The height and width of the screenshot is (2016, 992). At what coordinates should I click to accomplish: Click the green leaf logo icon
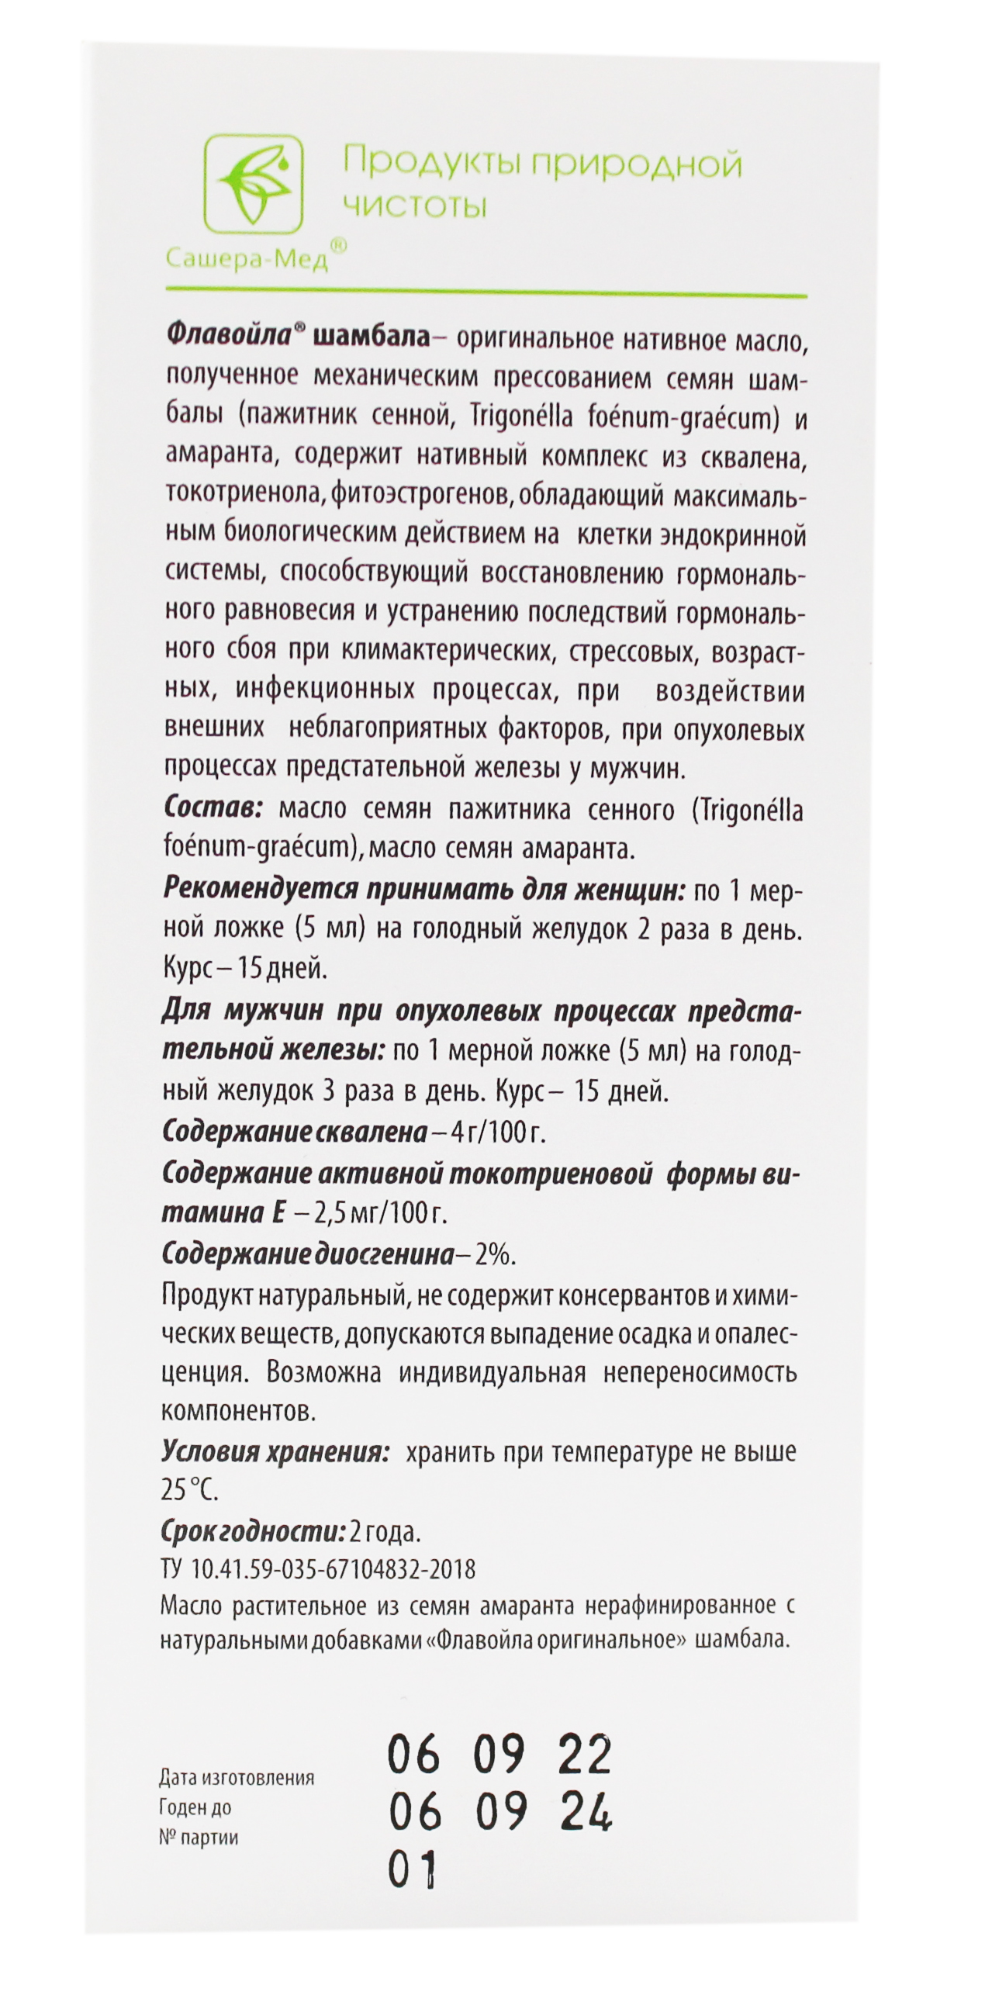tap(254, 185)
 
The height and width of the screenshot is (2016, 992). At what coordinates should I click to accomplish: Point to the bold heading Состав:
tap(212, 807)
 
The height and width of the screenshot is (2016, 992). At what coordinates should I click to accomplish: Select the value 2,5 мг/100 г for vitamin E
tap(378, 1213)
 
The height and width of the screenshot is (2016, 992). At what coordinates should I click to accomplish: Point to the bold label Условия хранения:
tap(275, 1452)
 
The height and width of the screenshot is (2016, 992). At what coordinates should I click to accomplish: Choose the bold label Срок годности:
tap(253, 1530)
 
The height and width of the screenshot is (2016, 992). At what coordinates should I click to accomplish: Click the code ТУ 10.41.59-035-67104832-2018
tap(318, 1569)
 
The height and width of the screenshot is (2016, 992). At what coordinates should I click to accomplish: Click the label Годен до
tap(195, 1807)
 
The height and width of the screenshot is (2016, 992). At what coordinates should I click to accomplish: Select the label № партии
tap(199, 1837)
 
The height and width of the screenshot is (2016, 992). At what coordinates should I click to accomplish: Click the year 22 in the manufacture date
tap(583, 1755)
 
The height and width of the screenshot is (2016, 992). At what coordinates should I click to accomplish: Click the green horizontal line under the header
tap(485, 295)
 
